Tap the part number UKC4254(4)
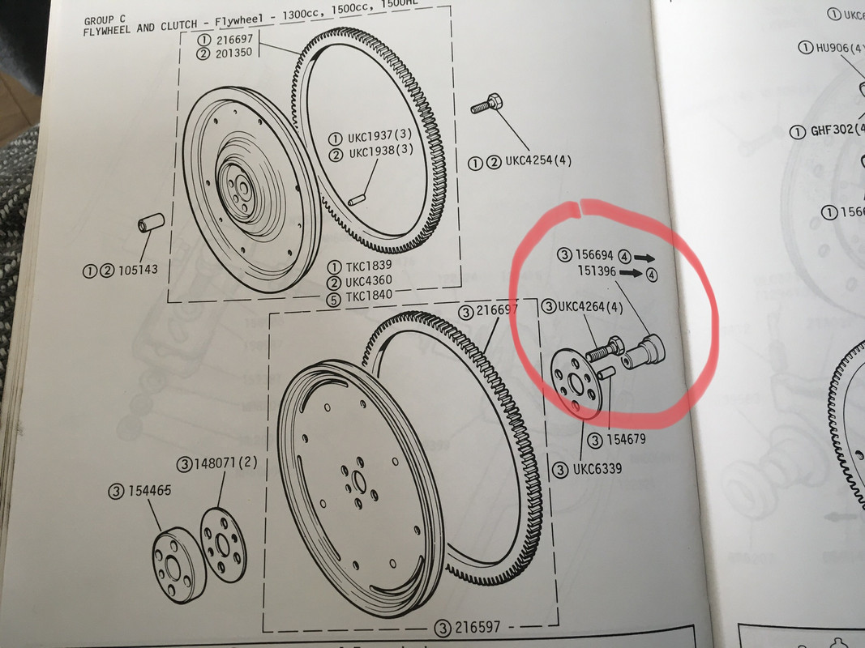point(539,161)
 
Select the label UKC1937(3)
point(381,137)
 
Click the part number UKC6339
point(598,469)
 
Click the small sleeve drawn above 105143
point(152,221)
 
